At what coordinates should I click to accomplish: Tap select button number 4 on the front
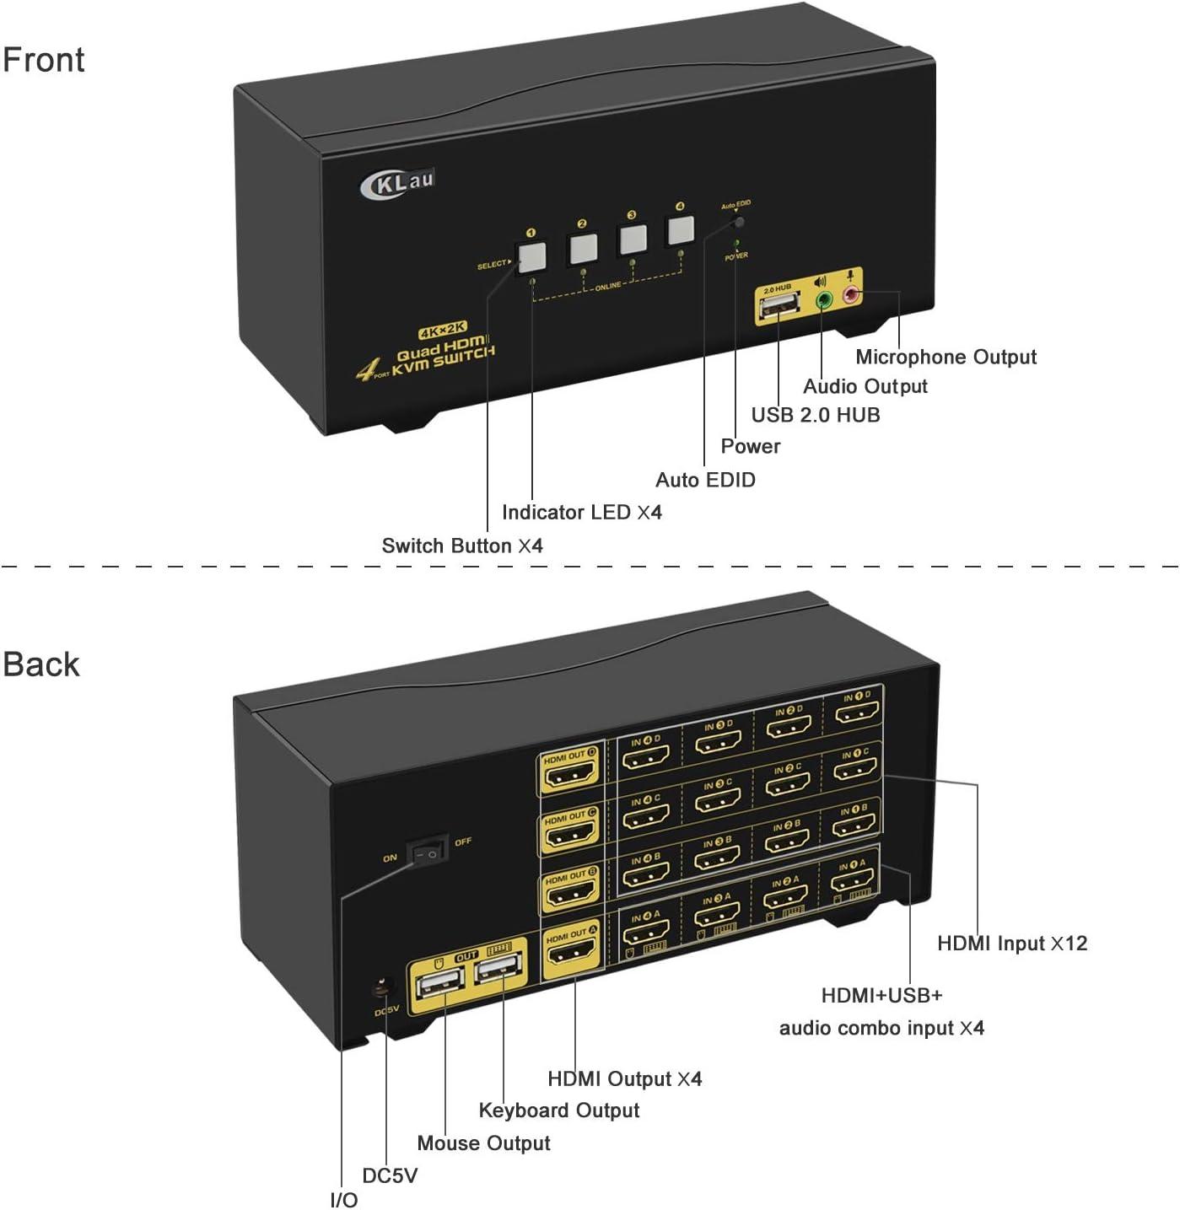[x=680, y=229]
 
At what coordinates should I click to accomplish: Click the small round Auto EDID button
[x=740, y=223]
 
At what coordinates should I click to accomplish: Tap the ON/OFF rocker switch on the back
[x=428, y=853]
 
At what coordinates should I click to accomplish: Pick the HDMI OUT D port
[x=569, y=773]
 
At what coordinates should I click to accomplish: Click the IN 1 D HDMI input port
[x=857, y=713]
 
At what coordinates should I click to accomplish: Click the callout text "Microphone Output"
[x=946, y=357]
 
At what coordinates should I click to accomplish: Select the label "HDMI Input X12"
[x=1011, y=943]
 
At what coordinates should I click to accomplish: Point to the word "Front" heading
[x=44, y=60]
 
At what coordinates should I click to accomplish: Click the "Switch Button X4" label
[x=462, y=546]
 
